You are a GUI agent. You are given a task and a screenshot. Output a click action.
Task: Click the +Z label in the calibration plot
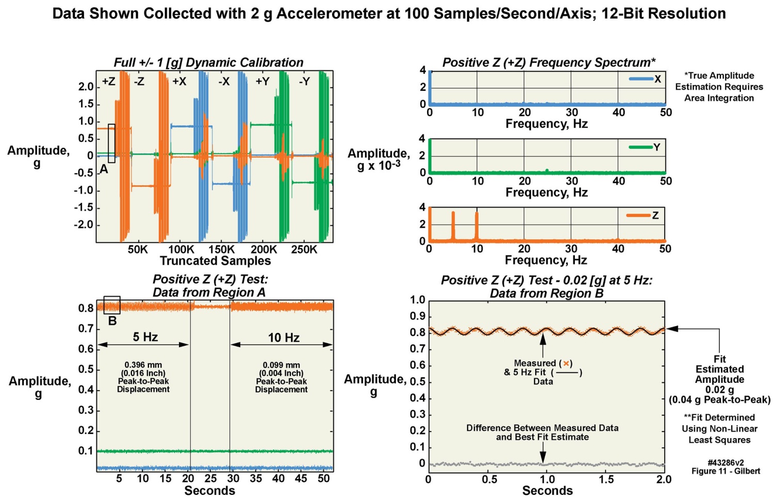coord(108,82)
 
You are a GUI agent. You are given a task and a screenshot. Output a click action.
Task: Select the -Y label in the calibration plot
coord(304,82)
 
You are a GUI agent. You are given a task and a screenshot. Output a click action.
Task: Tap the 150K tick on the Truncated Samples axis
coord(221,250)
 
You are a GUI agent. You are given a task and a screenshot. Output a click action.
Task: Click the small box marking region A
coord(111,143)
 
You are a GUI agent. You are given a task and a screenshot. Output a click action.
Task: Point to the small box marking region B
coord(112,305)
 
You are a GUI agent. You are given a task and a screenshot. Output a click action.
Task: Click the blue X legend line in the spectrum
coord(640,79)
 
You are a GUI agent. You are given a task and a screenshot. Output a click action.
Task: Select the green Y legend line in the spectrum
coord(640,147)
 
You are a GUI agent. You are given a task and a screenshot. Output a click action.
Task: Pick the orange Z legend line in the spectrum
coord(638,215)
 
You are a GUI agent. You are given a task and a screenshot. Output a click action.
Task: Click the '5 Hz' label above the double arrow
coord(145,337)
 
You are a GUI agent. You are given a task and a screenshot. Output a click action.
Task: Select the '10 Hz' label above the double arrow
coord(284,337)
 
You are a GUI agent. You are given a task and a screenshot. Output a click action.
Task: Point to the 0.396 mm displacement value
coord(143,365)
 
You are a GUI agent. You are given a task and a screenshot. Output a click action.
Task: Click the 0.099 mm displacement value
coord(281,365)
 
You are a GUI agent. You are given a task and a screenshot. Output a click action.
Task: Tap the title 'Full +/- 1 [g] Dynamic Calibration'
coord(208,62)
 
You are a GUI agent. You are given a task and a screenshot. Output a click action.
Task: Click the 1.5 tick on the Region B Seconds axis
coord(606,479)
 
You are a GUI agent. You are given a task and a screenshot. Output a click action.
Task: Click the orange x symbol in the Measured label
coord(566,363)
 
